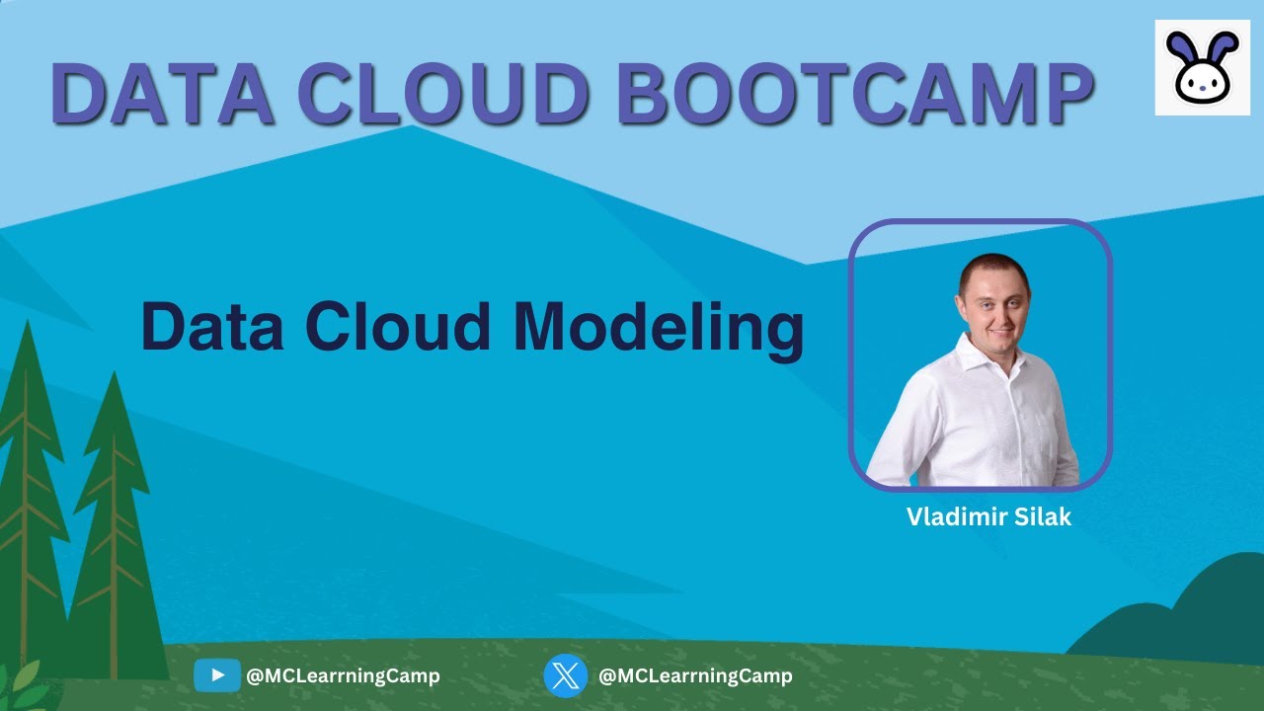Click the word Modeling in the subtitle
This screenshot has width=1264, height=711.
[658, 328]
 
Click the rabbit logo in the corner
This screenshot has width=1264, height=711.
[1201, 67]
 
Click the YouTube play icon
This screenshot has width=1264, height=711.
[216, 675]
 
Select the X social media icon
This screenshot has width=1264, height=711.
[565, 675]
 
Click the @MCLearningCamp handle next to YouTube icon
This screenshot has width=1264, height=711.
[343, 676]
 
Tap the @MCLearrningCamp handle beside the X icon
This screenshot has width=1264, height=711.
[695, 676]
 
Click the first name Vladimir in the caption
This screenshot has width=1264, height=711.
[952, 516]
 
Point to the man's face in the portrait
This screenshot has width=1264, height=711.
[992, 297]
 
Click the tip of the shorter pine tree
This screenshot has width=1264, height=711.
[114, 379]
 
